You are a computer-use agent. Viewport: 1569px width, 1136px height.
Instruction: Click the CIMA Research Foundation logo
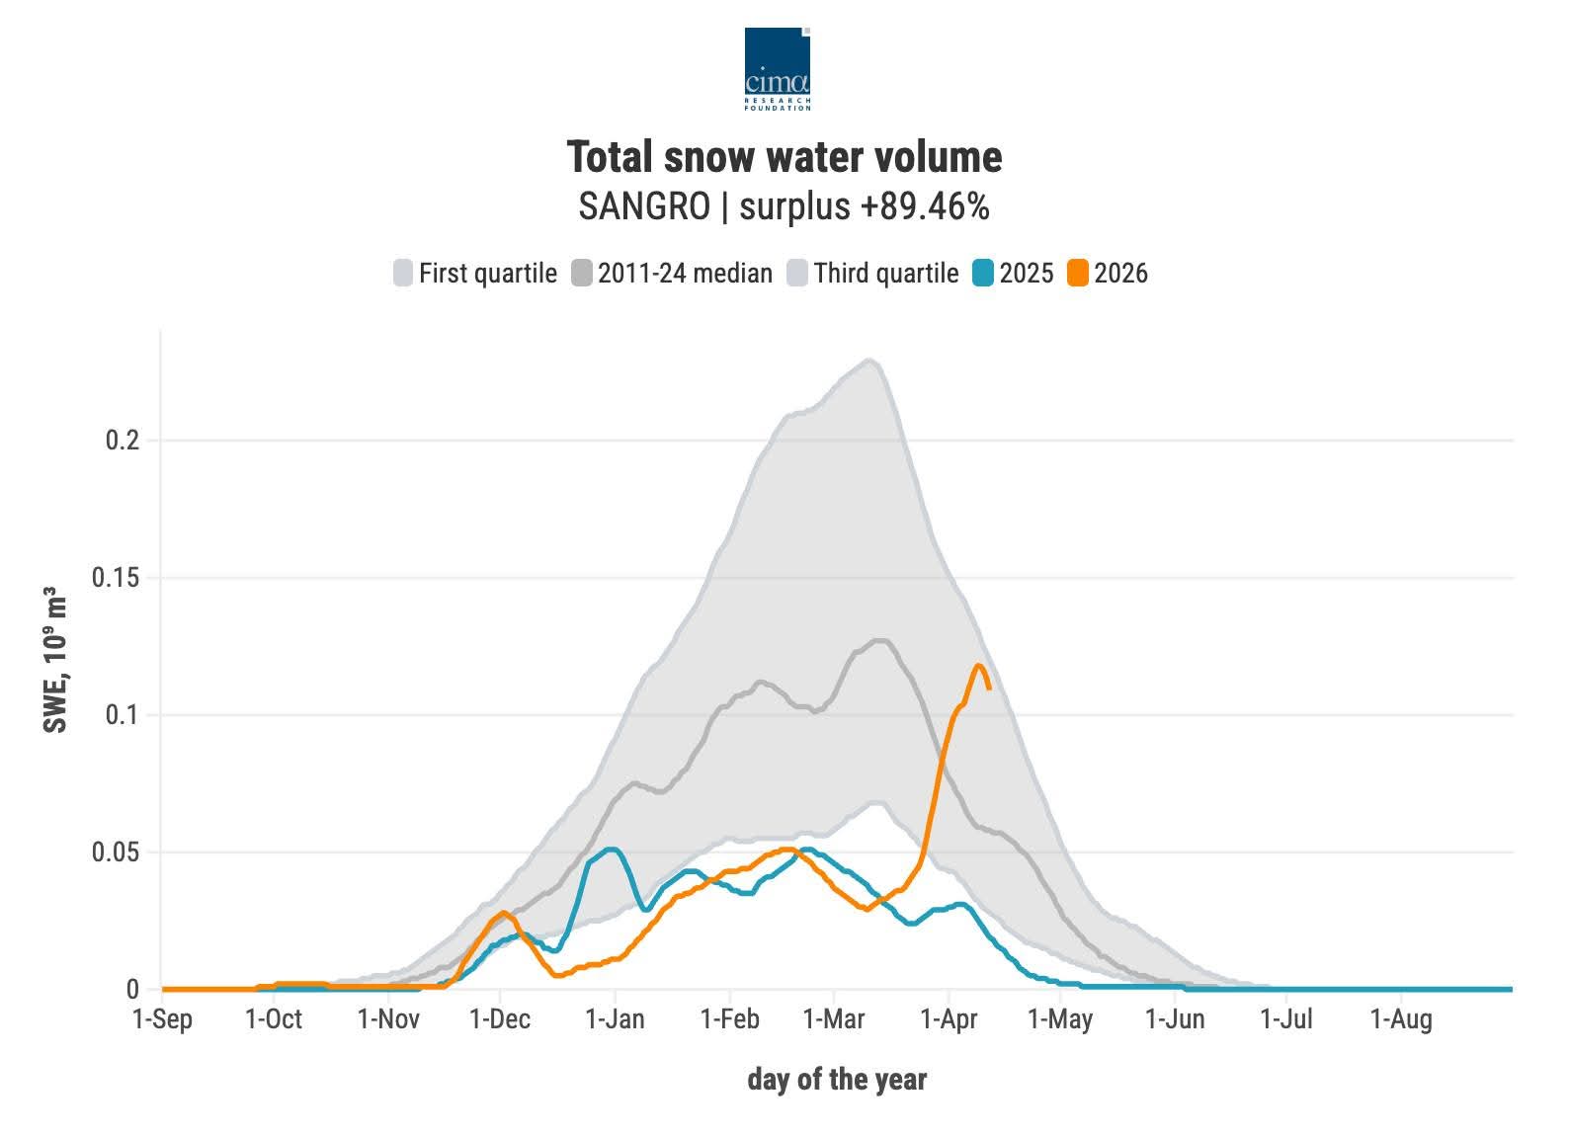pyautogui.click(x=778, y=68)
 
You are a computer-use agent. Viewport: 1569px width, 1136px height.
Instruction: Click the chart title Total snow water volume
pyautogui.click(x=784, y=157)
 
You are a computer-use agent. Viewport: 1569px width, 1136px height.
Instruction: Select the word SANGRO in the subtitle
pyautogui.click(x=644, y=206)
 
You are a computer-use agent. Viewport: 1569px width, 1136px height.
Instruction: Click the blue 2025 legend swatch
pyautogui.click(x=983, y=274)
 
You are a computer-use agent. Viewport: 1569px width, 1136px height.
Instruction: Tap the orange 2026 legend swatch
pyautogui.click(x=1078, y=274)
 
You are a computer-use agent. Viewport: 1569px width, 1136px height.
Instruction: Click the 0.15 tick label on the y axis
pyautogui.click(x=115, y=578)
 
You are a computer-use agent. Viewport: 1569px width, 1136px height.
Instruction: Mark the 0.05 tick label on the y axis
pyautogui.click(x=115, y=852)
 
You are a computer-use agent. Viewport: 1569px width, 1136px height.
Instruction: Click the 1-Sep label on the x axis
pyautogui.click(x=162, y=1018)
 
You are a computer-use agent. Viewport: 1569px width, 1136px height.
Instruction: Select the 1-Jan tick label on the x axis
pyautogui.click(x=615, y=1018)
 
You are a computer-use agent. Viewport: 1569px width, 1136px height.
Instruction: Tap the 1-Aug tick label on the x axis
pyautogui.click(x=1400, y=1018)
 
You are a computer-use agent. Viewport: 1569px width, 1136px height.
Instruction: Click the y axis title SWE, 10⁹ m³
pyautogui.click(x=56, y=661)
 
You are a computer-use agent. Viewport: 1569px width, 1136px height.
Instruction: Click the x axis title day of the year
pyautogui.click(x=837, y=1079)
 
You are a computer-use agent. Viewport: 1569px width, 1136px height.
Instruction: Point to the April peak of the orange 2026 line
pyautogui.click(x=979, y=665)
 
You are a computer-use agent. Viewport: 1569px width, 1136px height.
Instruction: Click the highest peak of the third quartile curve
pyautogui.click(x=868, y=360)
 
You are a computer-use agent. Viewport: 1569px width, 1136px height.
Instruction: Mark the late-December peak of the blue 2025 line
pyautogui.click(x=612, y=849)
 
